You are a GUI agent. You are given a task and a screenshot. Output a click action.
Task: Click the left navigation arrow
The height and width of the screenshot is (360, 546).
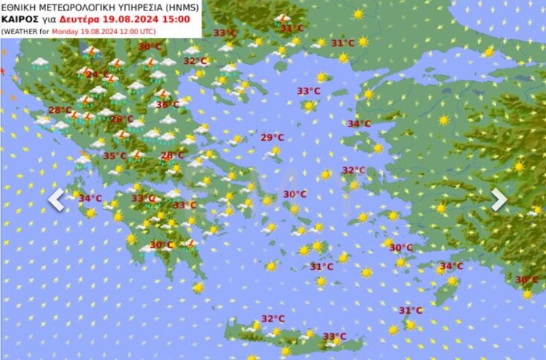57,199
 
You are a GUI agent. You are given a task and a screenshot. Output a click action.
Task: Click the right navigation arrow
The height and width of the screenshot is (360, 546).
499,199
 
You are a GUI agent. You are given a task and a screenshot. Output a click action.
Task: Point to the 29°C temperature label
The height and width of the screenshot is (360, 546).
272,137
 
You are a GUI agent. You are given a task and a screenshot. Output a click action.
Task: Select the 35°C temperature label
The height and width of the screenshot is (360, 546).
114,155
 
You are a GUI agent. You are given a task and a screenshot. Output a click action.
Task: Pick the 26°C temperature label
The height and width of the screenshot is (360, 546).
121,119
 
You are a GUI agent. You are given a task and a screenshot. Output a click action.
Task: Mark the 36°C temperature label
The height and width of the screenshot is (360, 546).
167,105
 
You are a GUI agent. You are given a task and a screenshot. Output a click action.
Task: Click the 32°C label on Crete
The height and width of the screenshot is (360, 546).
272,318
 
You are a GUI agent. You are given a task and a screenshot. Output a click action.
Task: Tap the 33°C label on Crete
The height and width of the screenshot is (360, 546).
334,336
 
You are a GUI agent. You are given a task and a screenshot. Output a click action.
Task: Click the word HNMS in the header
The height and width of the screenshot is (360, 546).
176,6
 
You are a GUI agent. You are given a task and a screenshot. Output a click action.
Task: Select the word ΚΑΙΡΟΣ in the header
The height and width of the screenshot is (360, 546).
16,19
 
